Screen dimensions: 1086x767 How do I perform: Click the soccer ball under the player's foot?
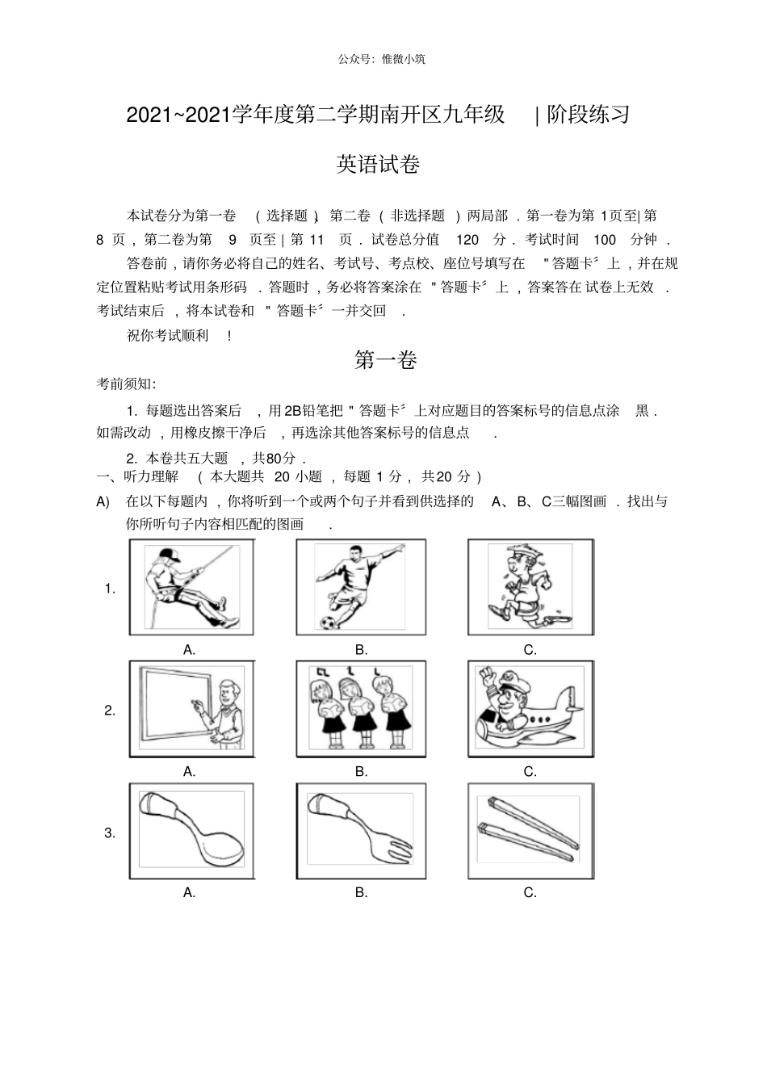[x=328, y=623]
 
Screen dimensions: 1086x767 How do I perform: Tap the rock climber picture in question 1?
[x=191, y=587]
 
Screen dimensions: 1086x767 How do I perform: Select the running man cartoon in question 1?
[x=530, y=587]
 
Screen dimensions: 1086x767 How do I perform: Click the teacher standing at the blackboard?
[x=227, y=711]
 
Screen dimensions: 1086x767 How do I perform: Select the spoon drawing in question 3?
[x=191, y=830]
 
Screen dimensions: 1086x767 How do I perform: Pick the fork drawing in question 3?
[x=360, y=830]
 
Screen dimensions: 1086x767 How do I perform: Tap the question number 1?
[x=110, y=589]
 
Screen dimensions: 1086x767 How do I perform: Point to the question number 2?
[x=110, y=711]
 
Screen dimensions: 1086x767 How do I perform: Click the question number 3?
[x=110, y=833]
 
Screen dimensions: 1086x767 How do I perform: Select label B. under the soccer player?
[x=361, y=650]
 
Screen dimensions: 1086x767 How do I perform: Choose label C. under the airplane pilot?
[x=530, y=772]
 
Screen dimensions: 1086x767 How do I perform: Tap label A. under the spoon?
[x=190, y=893]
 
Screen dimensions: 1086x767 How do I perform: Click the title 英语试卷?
[x=378, y=165]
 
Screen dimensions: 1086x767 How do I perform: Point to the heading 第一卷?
[x=385, y=360]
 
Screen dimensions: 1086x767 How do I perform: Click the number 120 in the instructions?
[x=467, y=240]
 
